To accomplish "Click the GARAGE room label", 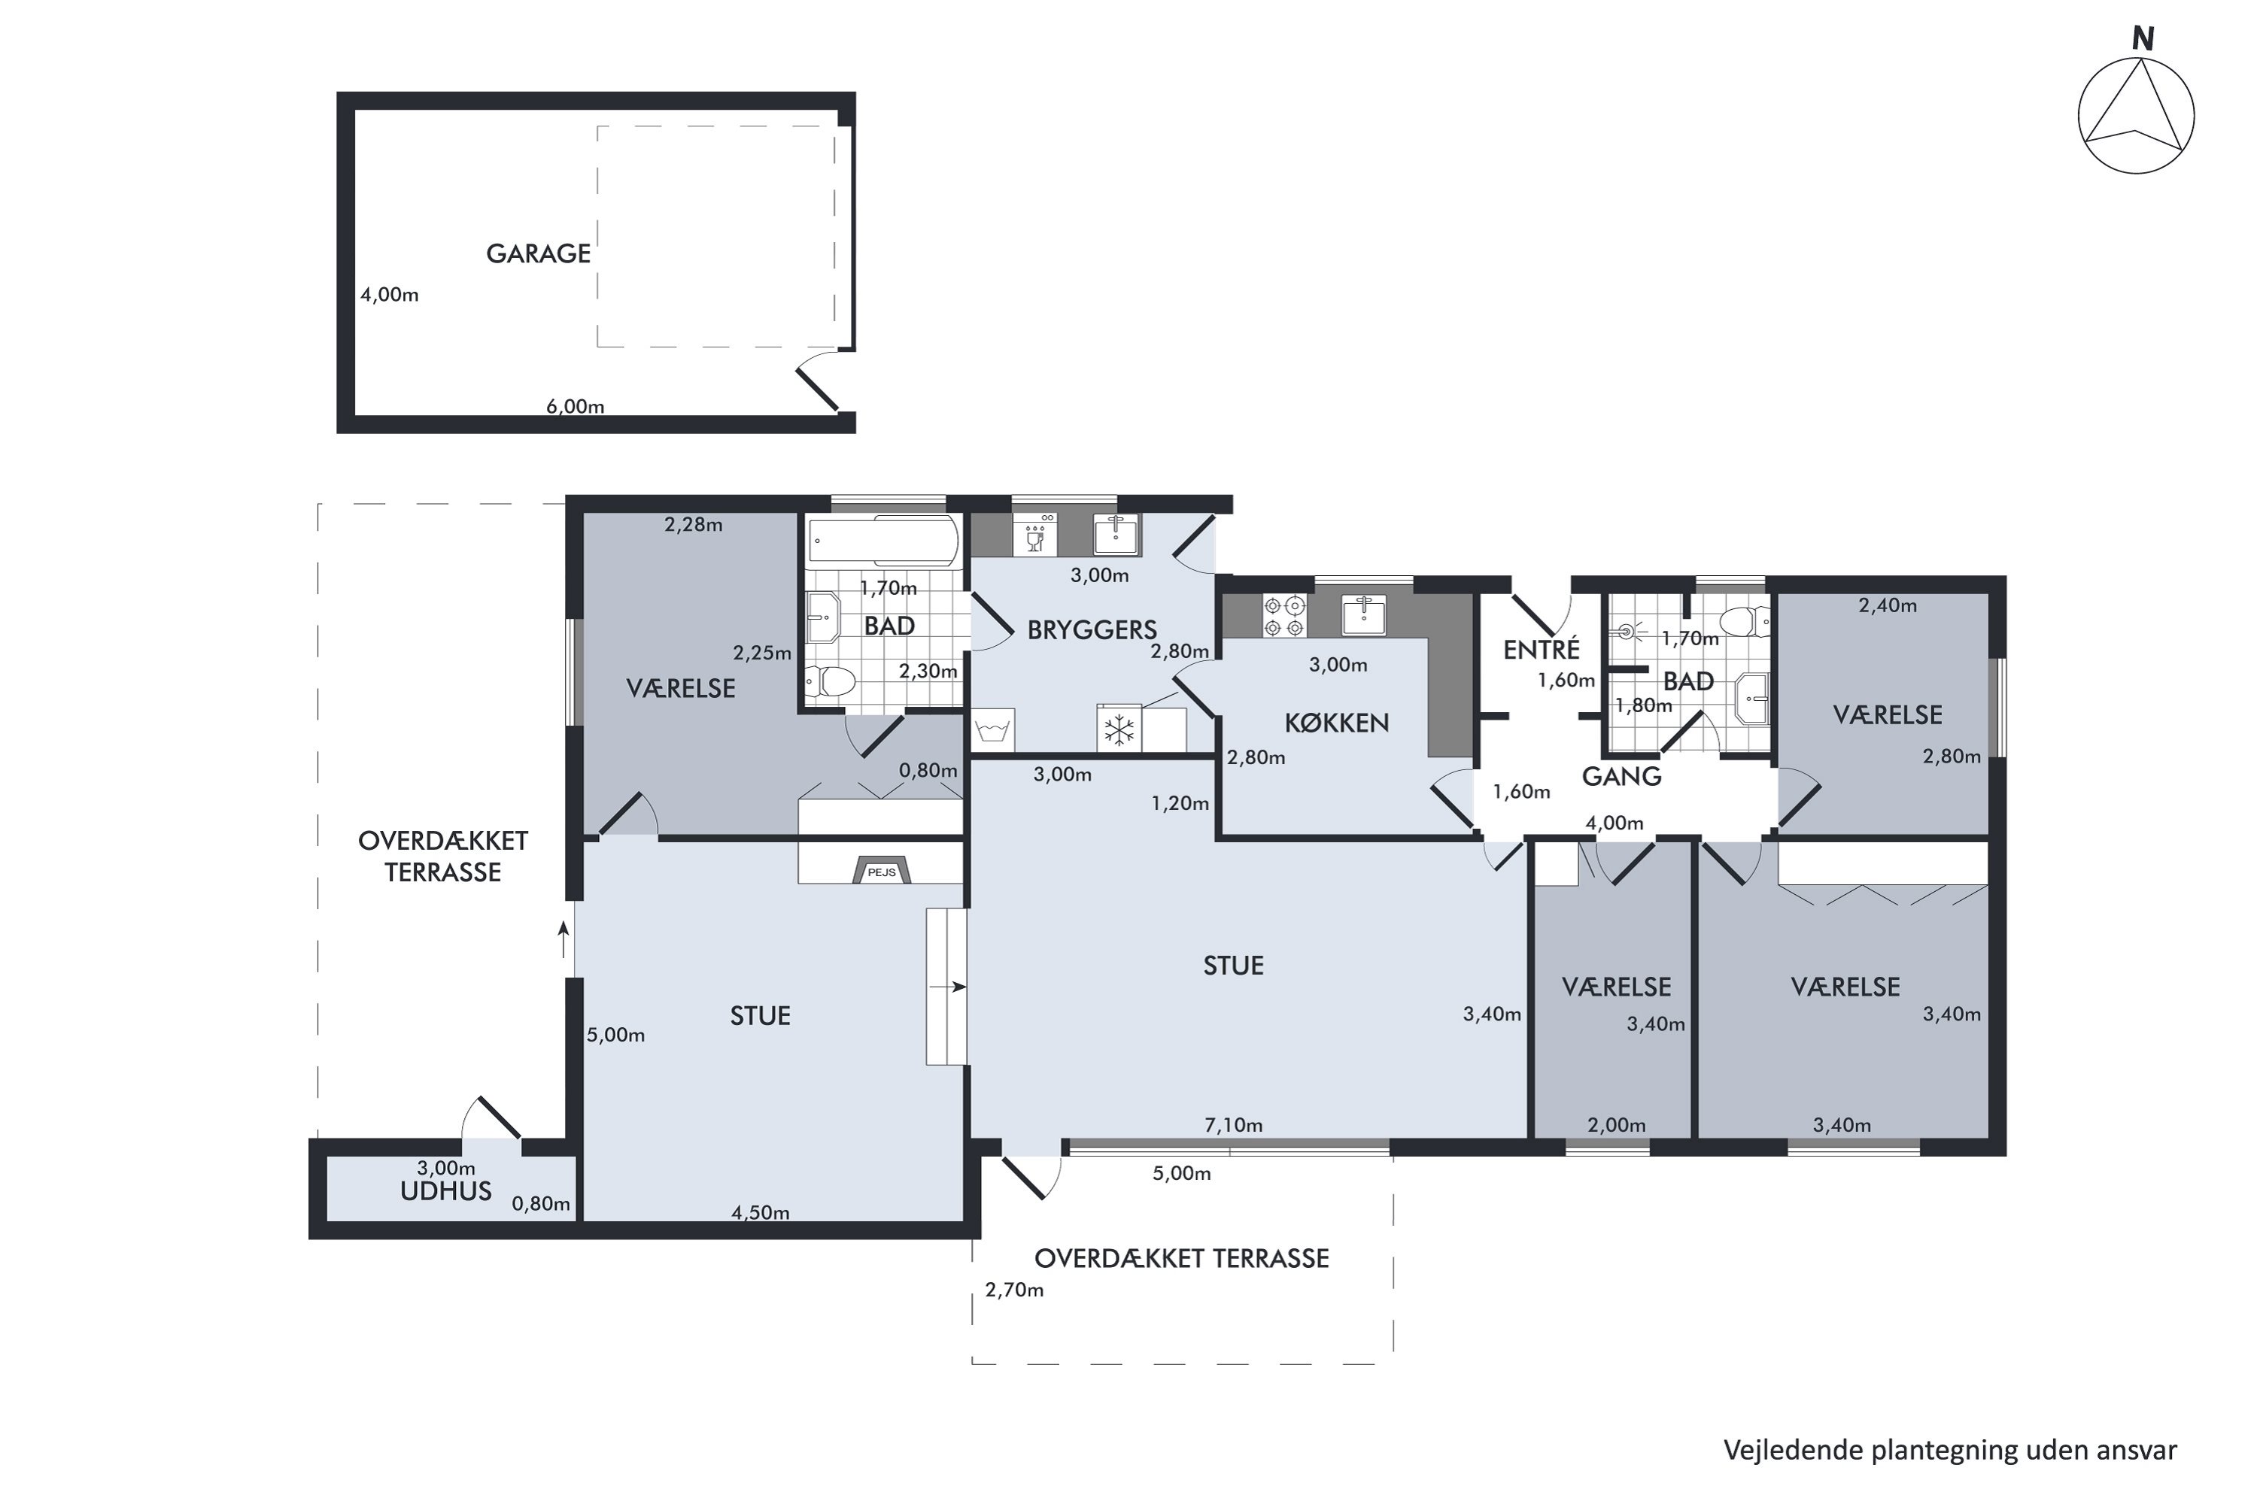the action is (539, 253).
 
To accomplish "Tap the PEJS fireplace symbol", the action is (882, 869).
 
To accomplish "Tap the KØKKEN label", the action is (1337, 723).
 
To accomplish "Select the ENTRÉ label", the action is (1541, 650).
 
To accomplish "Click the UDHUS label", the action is (445, 1191).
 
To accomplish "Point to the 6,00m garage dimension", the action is (576, 406).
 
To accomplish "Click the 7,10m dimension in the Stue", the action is (1233, 1124).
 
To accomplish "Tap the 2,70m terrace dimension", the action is (1014, 1290).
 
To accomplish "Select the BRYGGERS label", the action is (1092, 630).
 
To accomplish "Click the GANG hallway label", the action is (1622, 776).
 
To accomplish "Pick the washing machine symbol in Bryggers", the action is (992, 730).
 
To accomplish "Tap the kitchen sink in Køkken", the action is (1363, 615).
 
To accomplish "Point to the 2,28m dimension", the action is (694, 525).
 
